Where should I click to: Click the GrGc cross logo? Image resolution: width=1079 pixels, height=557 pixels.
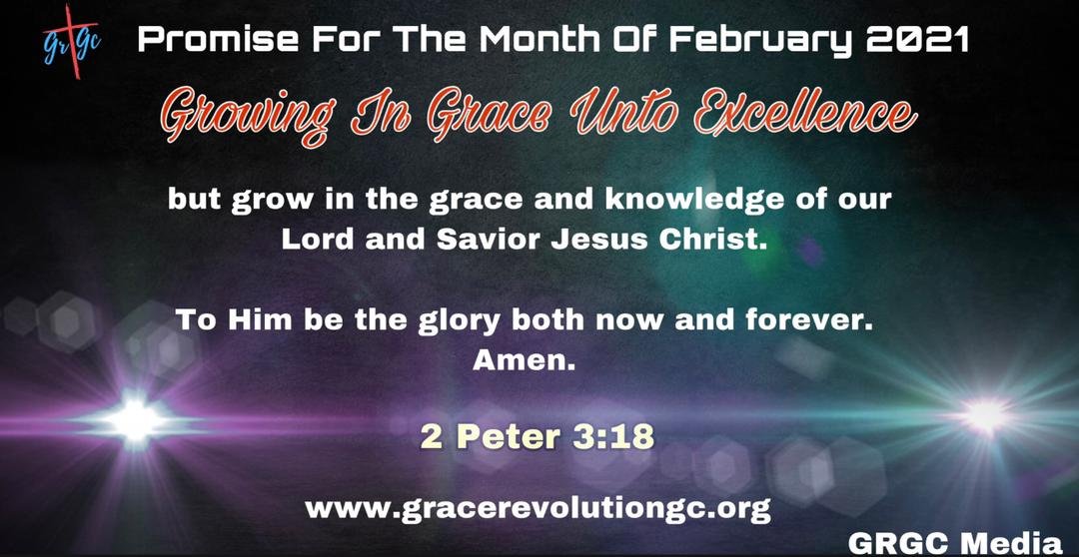72,42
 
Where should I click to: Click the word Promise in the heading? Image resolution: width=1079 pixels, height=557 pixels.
218,41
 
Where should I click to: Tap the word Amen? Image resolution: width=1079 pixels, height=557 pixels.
524,360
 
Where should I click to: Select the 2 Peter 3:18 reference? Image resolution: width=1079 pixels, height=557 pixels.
537,436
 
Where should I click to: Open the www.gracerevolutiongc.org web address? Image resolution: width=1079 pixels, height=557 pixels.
538,509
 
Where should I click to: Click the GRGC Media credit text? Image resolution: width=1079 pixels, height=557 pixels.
955,542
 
